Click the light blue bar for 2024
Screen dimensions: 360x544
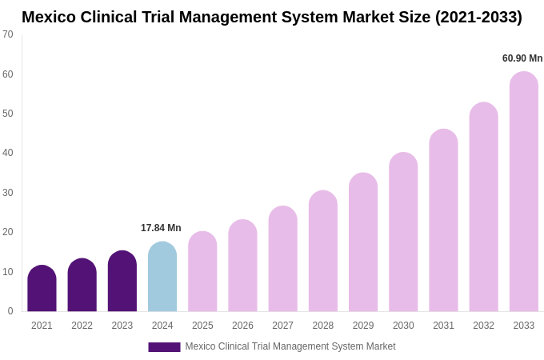click(x=162, y=277)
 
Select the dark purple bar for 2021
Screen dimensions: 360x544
click(x=42, y=289)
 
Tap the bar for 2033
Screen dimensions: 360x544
click(x=523, y=192)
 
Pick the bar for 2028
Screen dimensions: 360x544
click(x=323, y=251)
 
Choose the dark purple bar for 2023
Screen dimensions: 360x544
click(x=122, y=282)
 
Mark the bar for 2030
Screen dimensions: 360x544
click(x=403, y=232)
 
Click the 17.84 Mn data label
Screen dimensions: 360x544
click(x=161, y=228)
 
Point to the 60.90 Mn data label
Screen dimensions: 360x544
click(x=522, y=58)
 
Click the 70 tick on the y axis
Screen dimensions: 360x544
click(x=8, y=34)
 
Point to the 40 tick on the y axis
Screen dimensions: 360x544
click(x=8, y=153)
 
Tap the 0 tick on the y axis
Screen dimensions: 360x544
click(x=10, y=311)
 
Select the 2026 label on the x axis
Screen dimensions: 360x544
click(x=242, y=326)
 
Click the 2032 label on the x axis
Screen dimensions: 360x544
click(x=483, y=326)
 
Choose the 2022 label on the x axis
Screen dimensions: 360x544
click(x=82, y=326)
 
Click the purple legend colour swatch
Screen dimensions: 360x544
click(x=164, y=347)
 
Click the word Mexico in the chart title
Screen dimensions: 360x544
click(x=49, y=17)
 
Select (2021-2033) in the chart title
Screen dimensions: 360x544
click(x=478, y=17)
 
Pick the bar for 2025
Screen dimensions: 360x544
click(x=202, y=272)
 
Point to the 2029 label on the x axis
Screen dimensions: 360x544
click(x=363, y=326)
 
